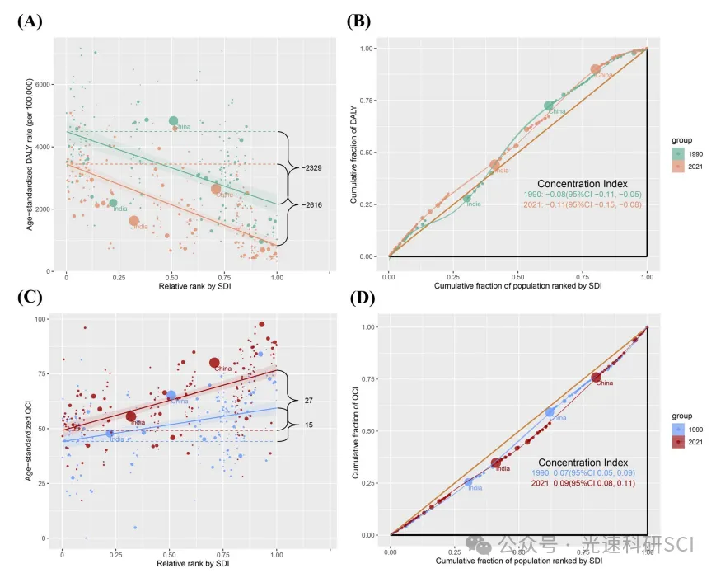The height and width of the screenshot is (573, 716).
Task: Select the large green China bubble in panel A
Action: tap(174, 121)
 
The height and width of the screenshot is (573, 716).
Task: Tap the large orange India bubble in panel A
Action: tap(133, 221)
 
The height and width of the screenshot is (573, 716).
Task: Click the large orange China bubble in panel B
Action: tap(597, 70)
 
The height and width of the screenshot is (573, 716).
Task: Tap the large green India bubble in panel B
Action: tap(466, 198)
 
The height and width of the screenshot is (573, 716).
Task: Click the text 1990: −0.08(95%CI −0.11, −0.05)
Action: tap(583, 194)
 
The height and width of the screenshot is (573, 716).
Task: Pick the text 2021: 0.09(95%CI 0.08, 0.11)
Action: tap(582, 485)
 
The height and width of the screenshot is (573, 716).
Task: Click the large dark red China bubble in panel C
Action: tap(214, 363)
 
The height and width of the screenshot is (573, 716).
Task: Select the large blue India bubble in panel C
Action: tap(110, 433)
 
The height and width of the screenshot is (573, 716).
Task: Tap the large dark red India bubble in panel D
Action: tap(496, 463)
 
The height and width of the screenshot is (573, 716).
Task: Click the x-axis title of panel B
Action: tap(518, 284)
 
